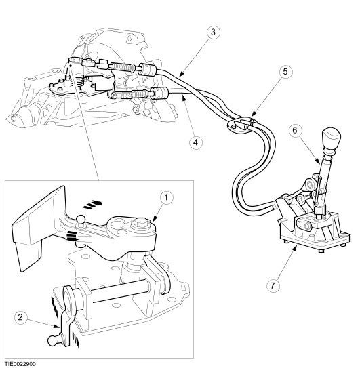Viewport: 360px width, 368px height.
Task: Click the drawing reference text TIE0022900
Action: (21, 363)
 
